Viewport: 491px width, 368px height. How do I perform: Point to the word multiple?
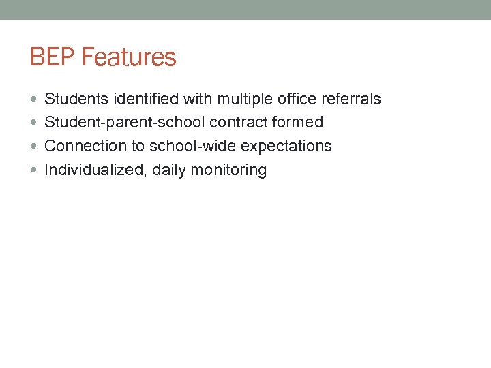click(x=245, y=99)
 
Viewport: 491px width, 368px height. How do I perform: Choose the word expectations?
click(x=286, y=147)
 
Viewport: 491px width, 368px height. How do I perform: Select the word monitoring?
click(x=228, y=170)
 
